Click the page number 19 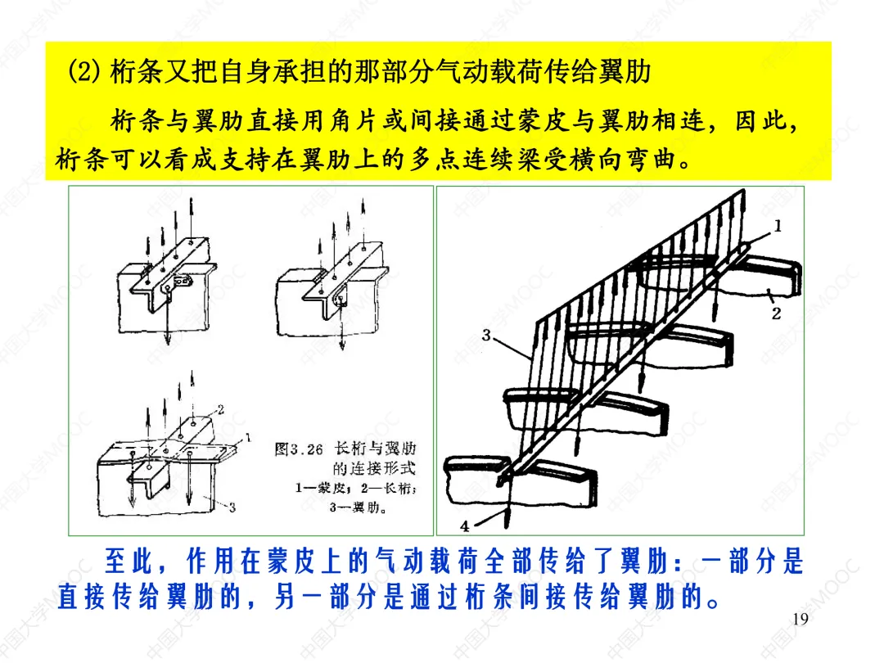tap(800, 619)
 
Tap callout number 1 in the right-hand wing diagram tap(778, 226)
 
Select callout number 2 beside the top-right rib tap(776, 313)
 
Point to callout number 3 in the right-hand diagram tap(486, 336)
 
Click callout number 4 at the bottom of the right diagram tap(465, 526)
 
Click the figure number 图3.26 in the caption tap(299, 449)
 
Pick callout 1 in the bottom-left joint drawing tap(247, 437)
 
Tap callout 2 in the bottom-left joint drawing tap(220, 409)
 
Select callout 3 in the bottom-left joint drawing tap(232, 507)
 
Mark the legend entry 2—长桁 tap(390, 488)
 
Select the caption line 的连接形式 tap(374, 468)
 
